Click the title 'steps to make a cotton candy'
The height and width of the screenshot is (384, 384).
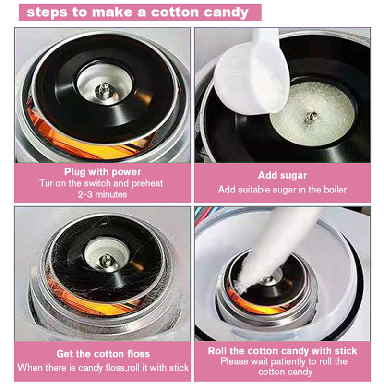click(137, 12)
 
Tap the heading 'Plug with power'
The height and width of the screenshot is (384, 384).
click(103, 172)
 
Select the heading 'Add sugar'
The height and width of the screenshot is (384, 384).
click(282, 175)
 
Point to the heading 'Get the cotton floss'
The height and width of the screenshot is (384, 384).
click(103, 354)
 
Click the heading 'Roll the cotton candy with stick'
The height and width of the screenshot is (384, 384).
click(282, 351)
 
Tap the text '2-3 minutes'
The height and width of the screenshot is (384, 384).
click(102, 194)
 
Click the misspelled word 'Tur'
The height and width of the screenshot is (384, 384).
click(46, 183)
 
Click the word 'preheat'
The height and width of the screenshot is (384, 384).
click(147, 183)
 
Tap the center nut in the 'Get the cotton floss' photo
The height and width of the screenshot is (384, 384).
click(106, 260)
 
